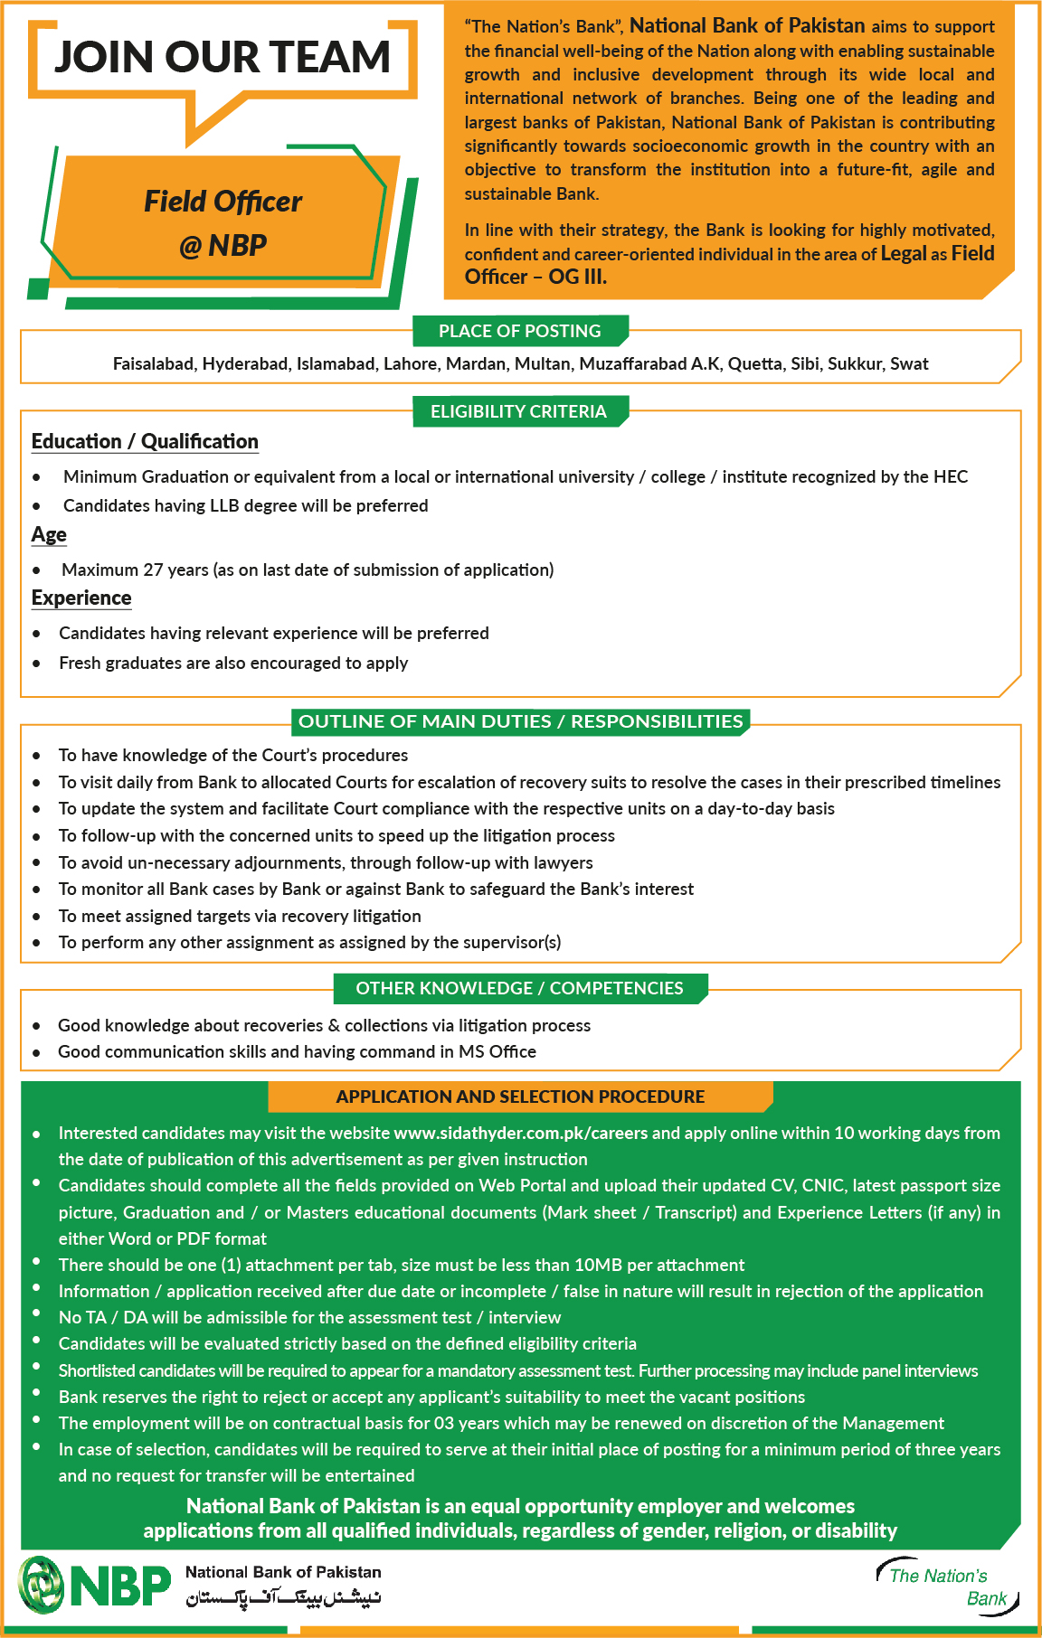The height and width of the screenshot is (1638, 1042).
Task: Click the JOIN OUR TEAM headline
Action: (223, 58)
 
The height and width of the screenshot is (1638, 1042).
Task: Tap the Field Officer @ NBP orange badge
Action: (223, 222)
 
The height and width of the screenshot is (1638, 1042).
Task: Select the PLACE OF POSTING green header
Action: (519, 331)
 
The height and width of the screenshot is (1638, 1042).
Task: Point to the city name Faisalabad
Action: (153, 363)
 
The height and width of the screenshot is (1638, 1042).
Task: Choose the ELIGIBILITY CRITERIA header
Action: (518, 411)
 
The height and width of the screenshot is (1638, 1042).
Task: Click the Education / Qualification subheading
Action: (145, 441)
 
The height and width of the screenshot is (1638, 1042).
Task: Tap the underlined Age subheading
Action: (49, 534)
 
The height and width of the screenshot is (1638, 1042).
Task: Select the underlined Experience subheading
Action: (81, 598)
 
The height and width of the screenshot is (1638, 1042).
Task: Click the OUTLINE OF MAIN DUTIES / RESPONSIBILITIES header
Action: (520, 721)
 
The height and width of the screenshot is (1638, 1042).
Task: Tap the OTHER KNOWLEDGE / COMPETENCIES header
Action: (519, 988)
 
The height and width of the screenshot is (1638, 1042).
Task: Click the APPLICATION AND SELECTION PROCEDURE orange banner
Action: (520, 1097)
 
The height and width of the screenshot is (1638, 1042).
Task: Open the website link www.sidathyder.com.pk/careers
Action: (521, 1133)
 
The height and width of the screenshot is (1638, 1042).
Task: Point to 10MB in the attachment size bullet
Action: (600, 1265)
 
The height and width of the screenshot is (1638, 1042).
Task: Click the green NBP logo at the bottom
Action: (95, 1585)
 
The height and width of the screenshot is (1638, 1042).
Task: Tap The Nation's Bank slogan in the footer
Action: (946, 1586)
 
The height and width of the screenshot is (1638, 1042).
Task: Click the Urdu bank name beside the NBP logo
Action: (283, 1598)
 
